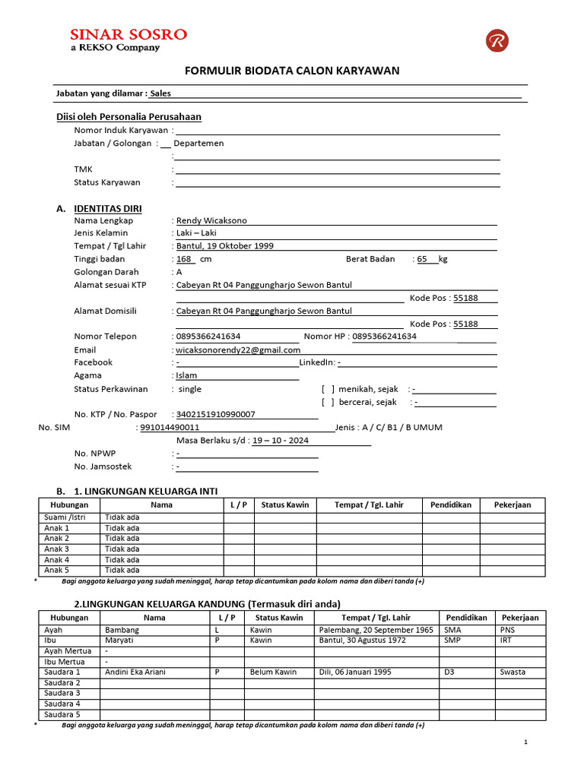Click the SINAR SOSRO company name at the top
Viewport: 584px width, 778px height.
128,34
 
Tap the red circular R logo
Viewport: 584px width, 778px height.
497,40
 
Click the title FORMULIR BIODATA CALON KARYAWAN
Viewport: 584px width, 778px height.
293,71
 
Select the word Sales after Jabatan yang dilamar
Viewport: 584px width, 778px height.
160,93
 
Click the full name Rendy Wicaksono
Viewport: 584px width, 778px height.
211,220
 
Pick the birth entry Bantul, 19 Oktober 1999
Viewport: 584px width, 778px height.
225,246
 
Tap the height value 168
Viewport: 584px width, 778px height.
183,259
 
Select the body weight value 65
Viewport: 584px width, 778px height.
423,259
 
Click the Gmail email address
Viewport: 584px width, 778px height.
238,350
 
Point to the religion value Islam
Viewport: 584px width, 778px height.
186,375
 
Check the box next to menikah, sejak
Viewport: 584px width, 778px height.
328,389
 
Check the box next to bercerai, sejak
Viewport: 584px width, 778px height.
328,403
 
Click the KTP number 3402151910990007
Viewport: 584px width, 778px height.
216,415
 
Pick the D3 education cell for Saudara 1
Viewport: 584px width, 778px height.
450,672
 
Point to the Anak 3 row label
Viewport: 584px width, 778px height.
57,549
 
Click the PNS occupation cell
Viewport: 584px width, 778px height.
507,630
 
